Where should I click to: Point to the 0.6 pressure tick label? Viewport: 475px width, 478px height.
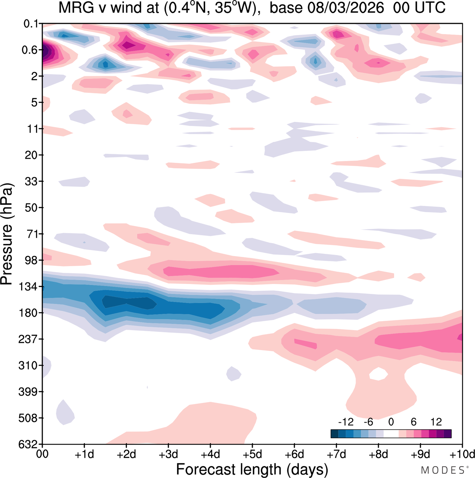click(x=30, y=50)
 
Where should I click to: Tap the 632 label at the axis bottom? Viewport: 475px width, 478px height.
click(x=28, y=444)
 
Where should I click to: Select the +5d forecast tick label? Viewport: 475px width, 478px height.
click(x=252, y=454)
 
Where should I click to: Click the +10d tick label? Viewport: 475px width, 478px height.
click(x=462, y=454)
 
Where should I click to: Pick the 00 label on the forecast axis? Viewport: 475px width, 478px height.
click(x=42, y=454)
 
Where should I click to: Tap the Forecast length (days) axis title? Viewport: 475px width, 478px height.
click(x=252, y=469)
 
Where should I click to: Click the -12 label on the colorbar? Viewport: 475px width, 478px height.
click(x=345, y=422)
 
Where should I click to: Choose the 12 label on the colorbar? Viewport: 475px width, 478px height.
click(x=436, y=422)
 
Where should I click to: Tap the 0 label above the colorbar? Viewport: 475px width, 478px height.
click(x=391, y=422)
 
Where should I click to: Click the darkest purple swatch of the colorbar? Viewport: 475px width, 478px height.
click(x=448, y=434)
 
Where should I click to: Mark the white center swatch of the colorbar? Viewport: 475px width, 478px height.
click(x=391, y=434)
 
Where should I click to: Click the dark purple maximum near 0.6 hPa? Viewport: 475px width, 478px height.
click(x=45, y=51)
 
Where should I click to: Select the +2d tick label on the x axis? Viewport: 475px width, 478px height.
click(x=126, y=454)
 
